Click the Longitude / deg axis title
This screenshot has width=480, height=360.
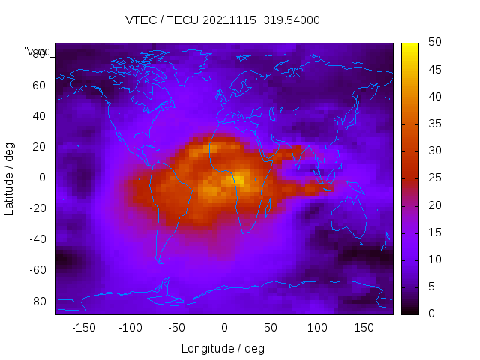coord(223,349)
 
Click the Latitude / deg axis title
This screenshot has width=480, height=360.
coord(10,178)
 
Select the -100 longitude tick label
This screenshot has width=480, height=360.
coord(130,328)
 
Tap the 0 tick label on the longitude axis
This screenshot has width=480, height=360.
coord(223,328)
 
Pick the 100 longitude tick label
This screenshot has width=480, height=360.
coord(317,328)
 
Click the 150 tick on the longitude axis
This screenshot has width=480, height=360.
coord(364,328)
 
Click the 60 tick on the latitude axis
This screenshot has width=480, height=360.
coord(39,85)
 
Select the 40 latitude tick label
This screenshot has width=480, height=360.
coord(39,116)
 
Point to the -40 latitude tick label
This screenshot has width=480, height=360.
coord(37,239)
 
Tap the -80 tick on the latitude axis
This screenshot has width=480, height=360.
coord(37,301)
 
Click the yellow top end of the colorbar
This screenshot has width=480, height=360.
coord(409,47)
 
